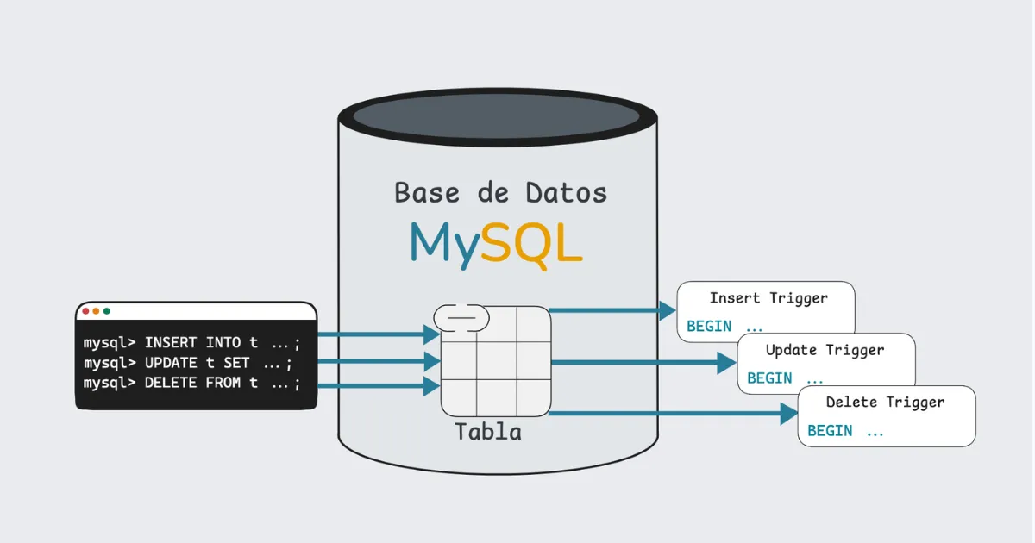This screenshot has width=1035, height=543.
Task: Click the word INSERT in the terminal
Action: tap(171, 343)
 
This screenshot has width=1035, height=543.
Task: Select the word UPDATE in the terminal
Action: tap(171, 363)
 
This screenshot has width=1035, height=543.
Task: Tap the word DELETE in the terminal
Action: tap(171, 383)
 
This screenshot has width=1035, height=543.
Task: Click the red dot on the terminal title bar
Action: tap(85, 311)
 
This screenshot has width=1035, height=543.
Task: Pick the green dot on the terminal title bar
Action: tap(106, 311)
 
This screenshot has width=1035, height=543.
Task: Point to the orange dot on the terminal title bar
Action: tap(96, 311)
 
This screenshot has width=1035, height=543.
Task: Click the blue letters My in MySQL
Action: tap(443, 244)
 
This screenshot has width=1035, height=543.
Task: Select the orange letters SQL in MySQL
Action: tap(531, 244)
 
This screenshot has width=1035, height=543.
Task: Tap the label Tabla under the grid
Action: tap(488, 432)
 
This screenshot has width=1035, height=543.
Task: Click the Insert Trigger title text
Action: tap(768, 298)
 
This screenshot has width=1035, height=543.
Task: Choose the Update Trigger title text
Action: tap(825, 350)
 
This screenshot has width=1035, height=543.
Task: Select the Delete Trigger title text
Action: tap(885, 402)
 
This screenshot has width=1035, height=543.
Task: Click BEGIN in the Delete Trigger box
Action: tap(830, 431)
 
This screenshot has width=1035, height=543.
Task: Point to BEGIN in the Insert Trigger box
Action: tap(709, 327)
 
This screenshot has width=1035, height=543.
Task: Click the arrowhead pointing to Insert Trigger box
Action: tap(667, 310)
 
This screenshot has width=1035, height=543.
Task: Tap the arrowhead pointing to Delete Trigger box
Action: tap(788, 414)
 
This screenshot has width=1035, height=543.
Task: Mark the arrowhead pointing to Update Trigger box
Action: tap(726, 362)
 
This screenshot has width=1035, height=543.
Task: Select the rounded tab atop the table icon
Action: tap(461, 318)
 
